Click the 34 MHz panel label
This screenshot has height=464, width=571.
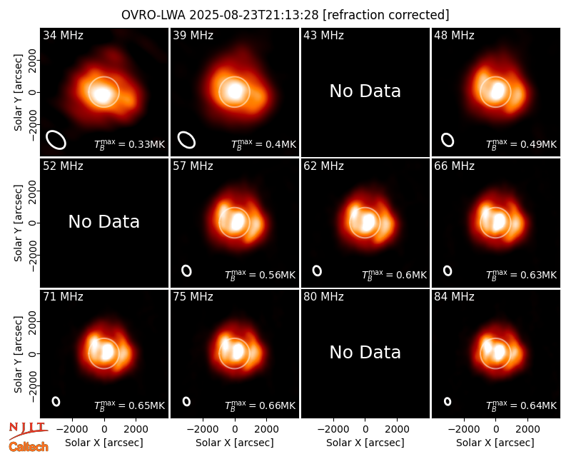point(63,35)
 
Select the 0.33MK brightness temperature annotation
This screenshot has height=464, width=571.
point(130,144)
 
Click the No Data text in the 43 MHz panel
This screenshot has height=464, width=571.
point(365,91)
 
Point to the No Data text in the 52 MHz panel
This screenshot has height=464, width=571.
point(103,222)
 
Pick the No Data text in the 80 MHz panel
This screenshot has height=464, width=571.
point(365,353)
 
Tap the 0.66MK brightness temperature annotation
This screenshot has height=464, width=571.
point(260,405)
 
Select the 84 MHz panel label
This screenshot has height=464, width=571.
point(454,297)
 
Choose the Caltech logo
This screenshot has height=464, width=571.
point(29,447)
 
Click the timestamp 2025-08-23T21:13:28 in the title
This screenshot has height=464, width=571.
point(254,15)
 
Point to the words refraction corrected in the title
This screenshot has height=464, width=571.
point(386,15)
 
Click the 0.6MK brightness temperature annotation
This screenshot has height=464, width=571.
point(394,275)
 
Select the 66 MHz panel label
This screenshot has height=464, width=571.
point(454,166)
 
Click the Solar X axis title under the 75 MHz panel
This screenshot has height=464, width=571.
point(235,443)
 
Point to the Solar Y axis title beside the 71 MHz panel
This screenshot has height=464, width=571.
point(18,354)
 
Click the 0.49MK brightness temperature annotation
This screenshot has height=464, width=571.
point(522,144)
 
